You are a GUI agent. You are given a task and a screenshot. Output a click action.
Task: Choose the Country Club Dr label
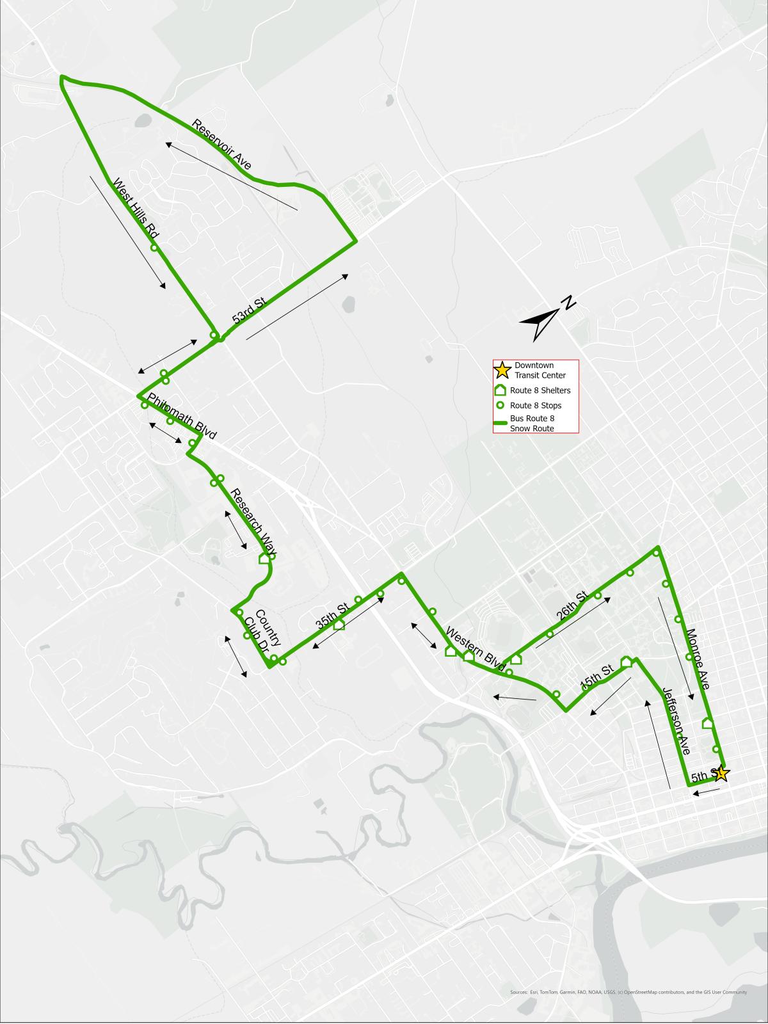coord(260,632)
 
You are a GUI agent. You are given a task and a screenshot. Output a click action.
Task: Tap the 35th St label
coord(332,613)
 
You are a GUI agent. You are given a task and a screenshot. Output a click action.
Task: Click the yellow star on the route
coord(721,773)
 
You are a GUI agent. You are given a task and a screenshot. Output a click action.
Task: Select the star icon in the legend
coord(502,369)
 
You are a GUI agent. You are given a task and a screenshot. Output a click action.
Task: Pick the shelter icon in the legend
coord(501,390)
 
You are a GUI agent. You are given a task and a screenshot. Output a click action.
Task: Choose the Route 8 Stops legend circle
coord(502,405)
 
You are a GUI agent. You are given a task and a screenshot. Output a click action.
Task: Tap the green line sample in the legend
coord(501,422)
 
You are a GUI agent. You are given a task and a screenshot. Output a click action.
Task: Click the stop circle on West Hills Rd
coord(154,248)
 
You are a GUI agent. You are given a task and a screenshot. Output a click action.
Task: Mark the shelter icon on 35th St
coord(339,624)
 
